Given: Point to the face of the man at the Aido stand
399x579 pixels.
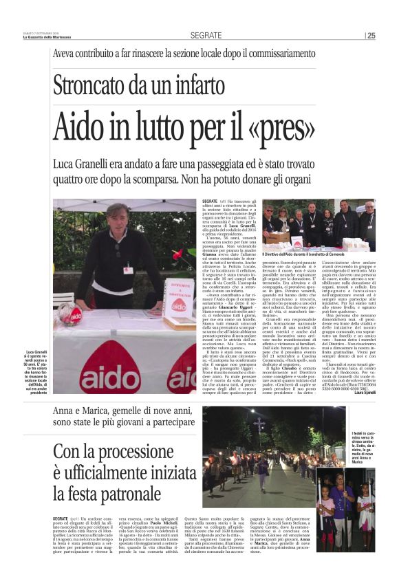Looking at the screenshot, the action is coord(118,218).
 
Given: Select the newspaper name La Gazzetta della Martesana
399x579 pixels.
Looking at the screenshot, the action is coord(43,38).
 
